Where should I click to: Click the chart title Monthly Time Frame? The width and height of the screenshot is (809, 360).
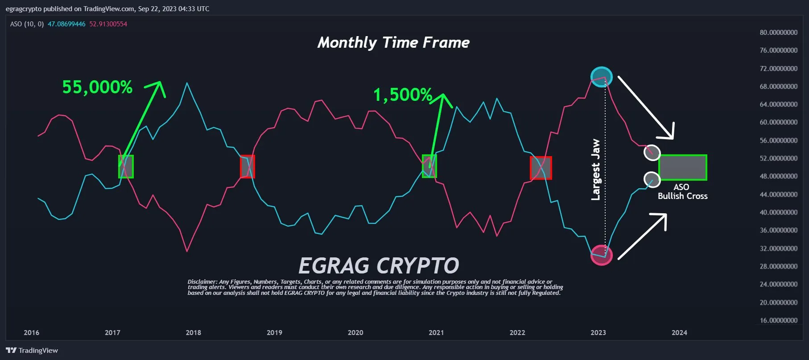(393, 42)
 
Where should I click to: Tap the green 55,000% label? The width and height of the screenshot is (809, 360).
(97, 87)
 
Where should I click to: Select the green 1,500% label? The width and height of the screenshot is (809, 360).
(403, 95)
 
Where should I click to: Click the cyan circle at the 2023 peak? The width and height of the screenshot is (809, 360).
(601, 77)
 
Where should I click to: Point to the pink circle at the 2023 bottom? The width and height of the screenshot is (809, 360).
(601, 255)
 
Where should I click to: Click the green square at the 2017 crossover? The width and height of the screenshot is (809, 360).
(126, 166)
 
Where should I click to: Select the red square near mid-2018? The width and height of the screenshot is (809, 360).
(248, 166)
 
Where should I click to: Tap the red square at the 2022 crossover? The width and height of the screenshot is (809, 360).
(541, 168)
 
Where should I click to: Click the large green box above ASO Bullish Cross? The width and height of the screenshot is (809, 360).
(682, 167)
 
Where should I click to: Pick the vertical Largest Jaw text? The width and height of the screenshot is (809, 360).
(595, 170)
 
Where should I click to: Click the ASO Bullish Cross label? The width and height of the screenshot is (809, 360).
(682, 191)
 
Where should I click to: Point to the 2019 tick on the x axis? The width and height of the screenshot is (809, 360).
(274, 332)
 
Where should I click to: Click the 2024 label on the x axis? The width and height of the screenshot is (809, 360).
(679, 332)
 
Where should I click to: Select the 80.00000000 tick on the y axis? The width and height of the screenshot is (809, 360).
(778, 32)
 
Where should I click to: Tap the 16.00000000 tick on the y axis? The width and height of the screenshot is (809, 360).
(778, 320)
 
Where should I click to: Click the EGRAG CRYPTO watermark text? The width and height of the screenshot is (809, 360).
(379, 266)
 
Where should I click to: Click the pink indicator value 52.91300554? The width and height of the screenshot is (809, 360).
(108, 24)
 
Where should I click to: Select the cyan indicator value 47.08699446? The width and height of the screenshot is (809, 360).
(66, 24)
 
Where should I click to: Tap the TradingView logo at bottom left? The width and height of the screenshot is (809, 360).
(32, 350)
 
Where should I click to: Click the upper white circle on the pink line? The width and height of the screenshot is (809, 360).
(652, 153)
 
